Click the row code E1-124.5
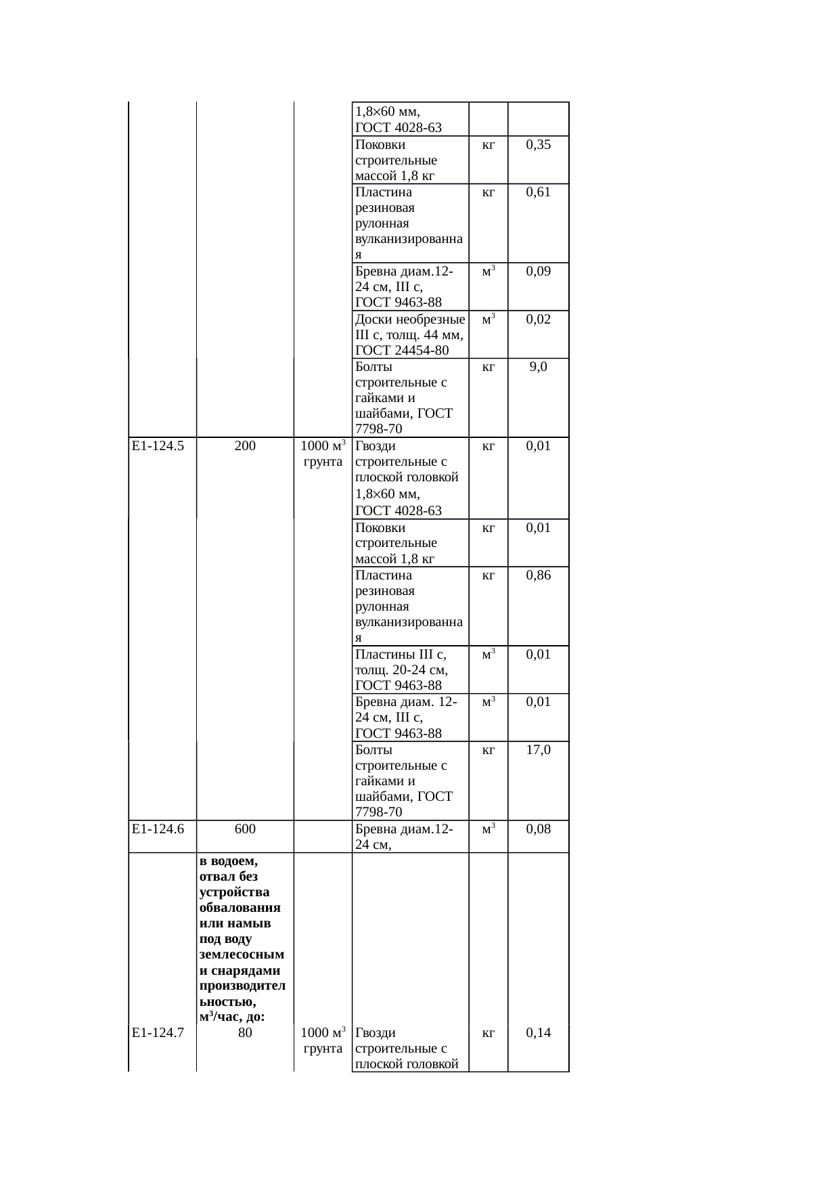[x=158, y=446]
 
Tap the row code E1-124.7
[x=158, y=1033]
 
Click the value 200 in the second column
[x=245, y=446]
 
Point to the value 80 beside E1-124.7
[x=245, y=1033]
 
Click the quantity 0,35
[x=538, y=145]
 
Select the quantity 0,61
[x=538, y=192]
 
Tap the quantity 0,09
[x=538, y=271]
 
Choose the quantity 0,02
[x=538, y=319]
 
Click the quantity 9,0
[x=538, y=367]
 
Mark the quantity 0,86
[x=538, y=575]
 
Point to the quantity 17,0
[x=538, y=749]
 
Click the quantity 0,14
[x=538, y=1033]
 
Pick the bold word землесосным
[x=242, y=955]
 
